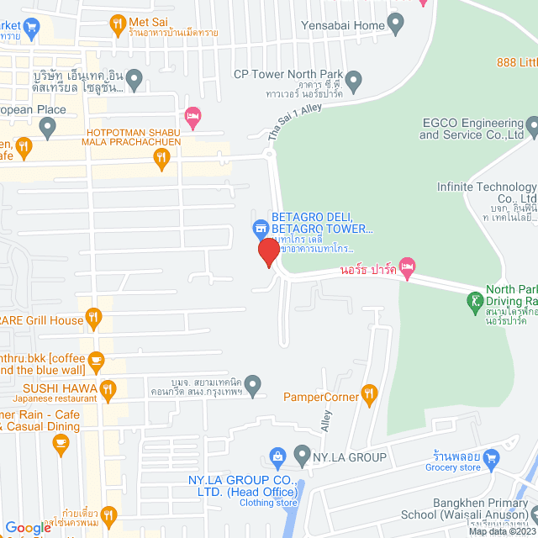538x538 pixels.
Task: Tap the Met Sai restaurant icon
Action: point(118,23)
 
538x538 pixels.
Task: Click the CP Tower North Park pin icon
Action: point(354,82)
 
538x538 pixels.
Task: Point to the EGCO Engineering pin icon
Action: point(530,128)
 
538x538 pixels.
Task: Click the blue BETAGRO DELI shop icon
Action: point(261,228)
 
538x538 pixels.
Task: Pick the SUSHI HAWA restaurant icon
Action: point(107,388)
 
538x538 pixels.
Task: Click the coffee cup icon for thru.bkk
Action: point(96,362)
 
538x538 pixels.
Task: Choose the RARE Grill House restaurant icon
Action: point(94,319)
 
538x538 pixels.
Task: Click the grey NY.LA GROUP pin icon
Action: point(303,457)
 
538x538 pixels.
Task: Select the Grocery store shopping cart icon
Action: point(493,457)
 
